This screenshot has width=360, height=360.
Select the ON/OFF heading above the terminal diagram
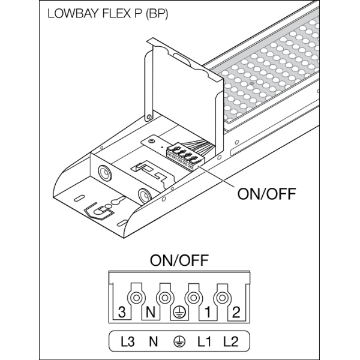click(179, 261)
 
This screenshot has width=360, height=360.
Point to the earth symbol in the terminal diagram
click(178, 311)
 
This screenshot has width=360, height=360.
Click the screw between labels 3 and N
click(136, 298)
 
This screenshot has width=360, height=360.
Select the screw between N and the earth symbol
click(164, 298)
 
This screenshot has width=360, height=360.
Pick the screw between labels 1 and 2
click(222, 298)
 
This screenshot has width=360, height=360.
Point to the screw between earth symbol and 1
click(193, 298)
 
